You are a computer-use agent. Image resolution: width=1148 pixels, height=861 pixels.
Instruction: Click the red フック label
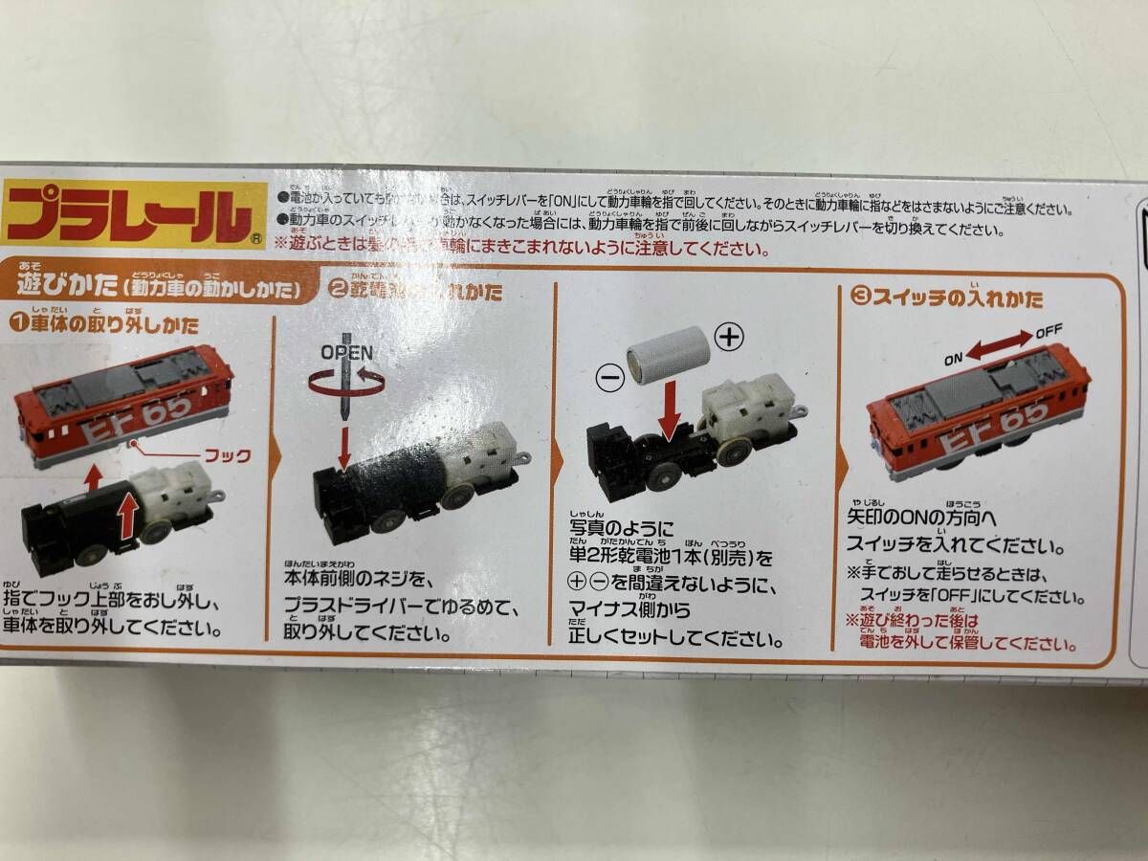pyautogui.click(x=228, y=456)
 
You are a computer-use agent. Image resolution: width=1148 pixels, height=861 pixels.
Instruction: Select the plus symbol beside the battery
pyautogui.click(x=730, y=336)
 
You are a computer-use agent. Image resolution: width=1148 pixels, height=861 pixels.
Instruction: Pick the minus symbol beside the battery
pyautogui.click(x=611, y=377)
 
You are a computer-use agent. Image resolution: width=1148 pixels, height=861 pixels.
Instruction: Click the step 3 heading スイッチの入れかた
pyautogui.click(x=957, y=298)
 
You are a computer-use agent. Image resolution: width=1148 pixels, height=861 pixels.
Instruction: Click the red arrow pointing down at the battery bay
pyautogui.click(x=671, y=409)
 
